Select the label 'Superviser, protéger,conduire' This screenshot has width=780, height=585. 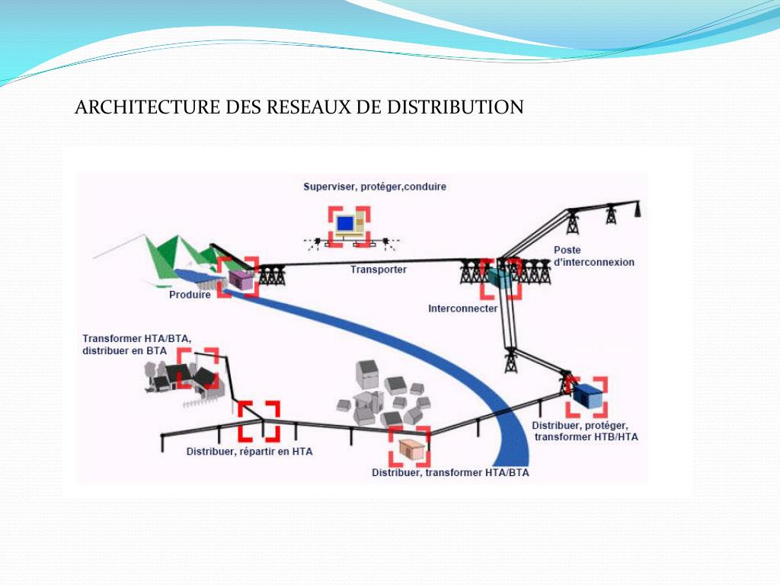pos(375,187)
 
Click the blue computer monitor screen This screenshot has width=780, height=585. pos(346,223)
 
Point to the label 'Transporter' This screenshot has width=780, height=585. pos(379,270)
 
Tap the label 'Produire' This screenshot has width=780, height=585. pos(190,295)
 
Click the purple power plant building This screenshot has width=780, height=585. pos(241,280)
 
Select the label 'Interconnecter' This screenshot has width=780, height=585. pos(463,308)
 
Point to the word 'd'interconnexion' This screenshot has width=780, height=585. pos(594,262)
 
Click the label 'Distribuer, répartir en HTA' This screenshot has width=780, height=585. pos(249,452)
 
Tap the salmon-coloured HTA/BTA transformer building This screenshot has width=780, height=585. pos(410,450)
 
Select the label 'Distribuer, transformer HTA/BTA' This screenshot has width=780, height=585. pos(450,473)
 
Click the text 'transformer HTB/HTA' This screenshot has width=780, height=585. pos(586,437)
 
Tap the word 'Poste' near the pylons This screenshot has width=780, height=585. pos(567,251)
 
